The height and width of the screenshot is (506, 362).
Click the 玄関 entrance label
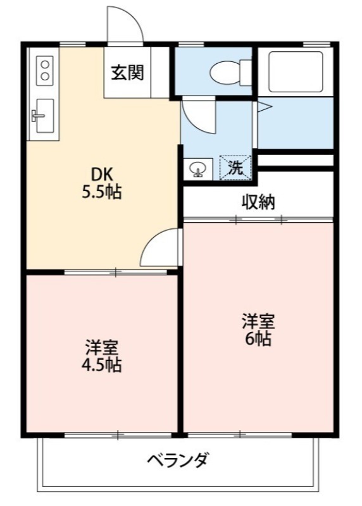(x=128, y=73)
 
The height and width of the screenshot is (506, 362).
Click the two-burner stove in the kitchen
(x=44, y=70)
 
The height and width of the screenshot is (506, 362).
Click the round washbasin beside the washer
(x=197, y=169)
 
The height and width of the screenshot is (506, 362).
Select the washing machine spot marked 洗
(x=235, y=168)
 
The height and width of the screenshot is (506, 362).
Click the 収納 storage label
(x=258, y=202)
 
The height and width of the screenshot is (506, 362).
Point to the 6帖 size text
(x=258, y=339)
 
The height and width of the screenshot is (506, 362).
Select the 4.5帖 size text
(x=101, y=365)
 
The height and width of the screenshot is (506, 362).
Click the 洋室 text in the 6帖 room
(x=258, y=321)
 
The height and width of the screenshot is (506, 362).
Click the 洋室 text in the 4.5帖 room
(x=101, y=347)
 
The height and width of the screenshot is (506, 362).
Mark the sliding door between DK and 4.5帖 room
(x=116, y=273)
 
